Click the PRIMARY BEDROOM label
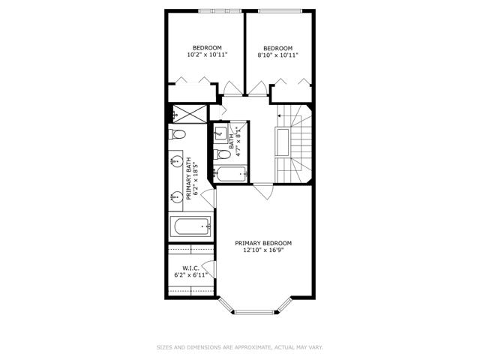(263, 243)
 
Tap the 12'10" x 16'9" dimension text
(263, 250)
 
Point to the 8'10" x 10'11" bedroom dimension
(278, 55)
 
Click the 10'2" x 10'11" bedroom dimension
(207, 55)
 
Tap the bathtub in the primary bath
(190, 226)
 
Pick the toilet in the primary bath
(177, 134)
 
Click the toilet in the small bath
(222, 154)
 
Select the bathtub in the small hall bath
(230, 174)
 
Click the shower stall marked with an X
(190, 114)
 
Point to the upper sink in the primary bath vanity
(176, 161)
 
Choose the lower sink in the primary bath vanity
(176, 196)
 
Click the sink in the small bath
(220, 133)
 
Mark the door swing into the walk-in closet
(209, 269)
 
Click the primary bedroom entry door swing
(264, 191)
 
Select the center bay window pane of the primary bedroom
(254, 312)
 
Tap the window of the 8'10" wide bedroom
(280, 11)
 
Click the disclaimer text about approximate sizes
(240, 347)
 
